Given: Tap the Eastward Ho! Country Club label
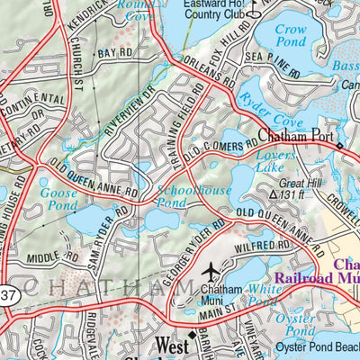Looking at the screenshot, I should click(x=211, y=9).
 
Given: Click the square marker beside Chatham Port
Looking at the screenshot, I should click(x=339, y=145).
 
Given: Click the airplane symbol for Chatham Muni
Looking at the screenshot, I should click(x=211, y=271).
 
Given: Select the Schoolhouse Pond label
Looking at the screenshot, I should click(x=193, y=197).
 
